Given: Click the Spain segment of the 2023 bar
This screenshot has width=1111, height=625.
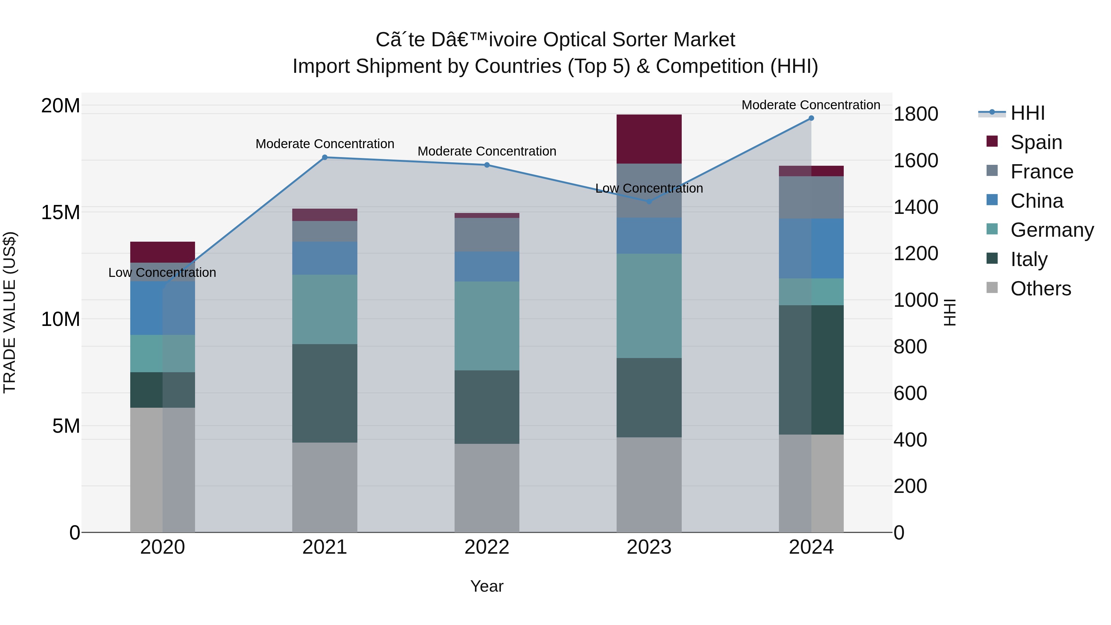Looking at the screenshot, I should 649,139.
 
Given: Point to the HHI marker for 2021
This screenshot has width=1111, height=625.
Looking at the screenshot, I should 325,157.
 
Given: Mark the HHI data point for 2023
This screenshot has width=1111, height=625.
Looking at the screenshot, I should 649,202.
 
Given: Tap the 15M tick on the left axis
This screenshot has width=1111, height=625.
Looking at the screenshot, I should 60,212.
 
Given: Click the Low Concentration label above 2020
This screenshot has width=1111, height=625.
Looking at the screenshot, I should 162,273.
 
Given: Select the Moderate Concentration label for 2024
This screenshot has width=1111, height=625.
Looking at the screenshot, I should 810,105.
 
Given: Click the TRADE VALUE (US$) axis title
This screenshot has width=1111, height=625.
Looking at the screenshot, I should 10,312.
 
